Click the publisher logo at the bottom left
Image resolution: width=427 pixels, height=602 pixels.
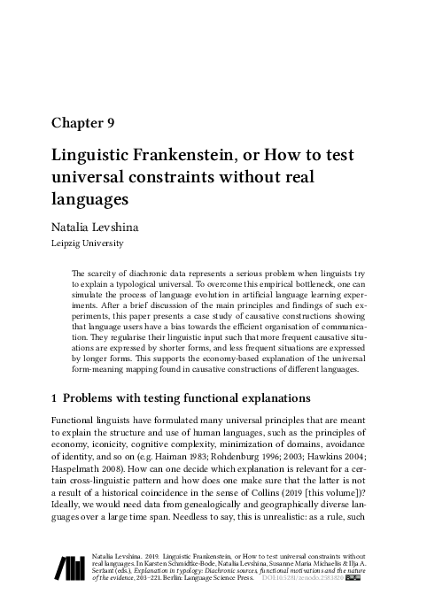click(70, 567)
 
